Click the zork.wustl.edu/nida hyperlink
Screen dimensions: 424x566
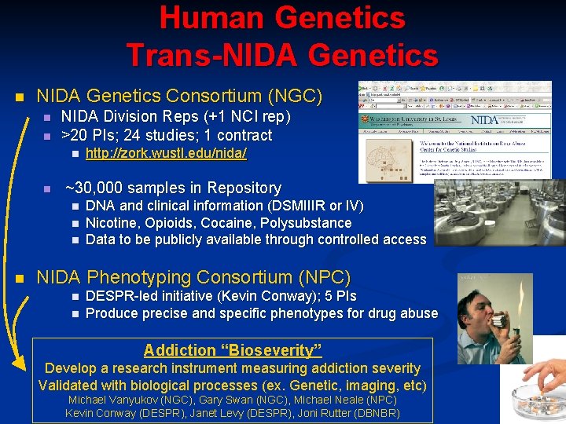point(166,154)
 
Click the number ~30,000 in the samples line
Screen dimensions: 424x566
point(95,188)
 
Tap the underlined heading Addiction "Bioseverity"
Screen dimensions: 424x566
point(233,350)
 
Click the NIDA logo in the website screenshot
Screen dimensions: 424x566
point(487,120)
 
